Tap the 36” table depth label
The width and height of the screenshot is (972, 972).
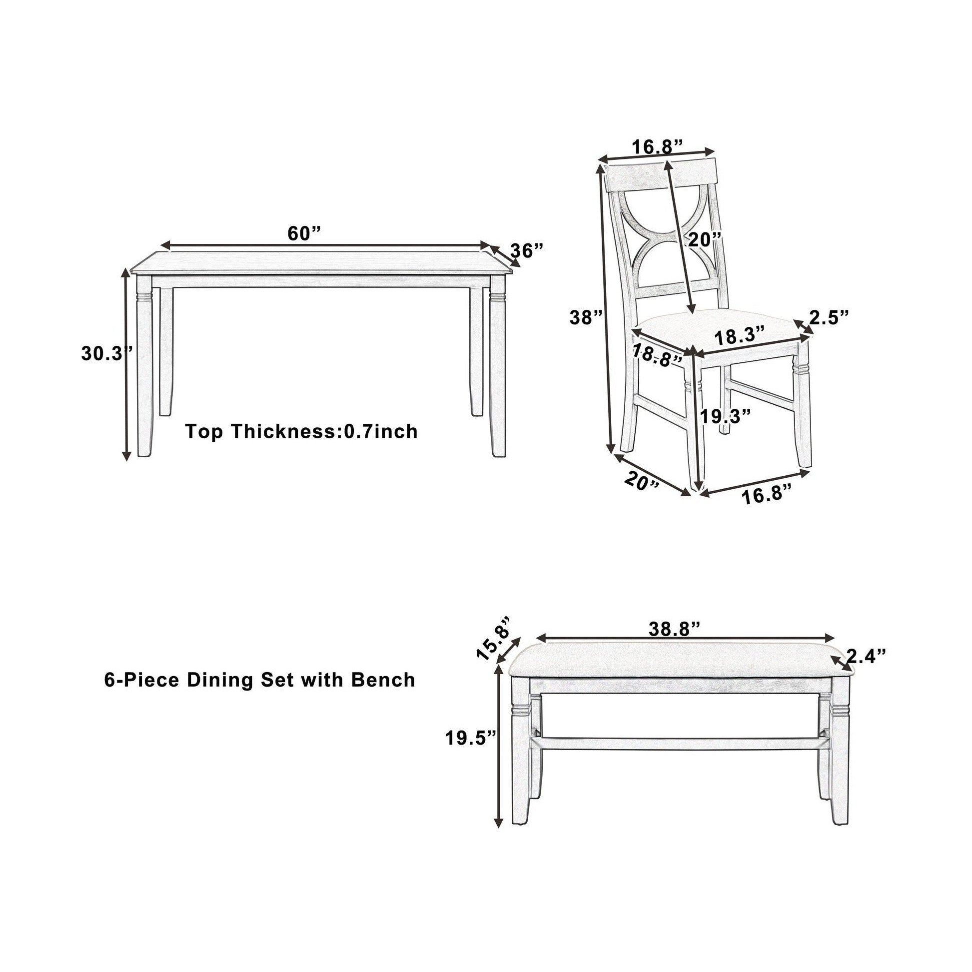click(x=527, y=250)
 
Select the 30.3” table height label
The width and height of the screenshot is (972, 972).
click(x=106, y=354)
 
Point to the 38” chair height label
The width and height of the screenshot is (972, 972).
click(x=586, y=317)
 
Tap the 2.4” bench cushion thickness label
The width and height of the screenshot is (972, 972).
click(x=866, y=655)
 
